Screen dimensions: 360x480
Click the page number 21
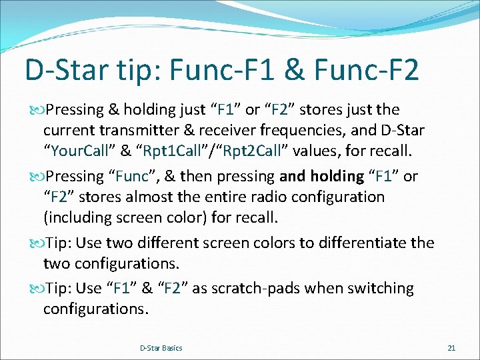[451, 348]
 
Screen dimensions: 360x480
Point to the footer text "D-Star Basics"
[161, 348]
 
